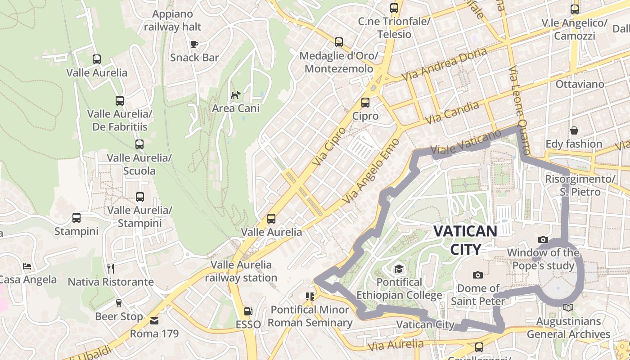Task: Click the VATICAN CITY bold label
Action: pyautogui.click(x=465, y=240)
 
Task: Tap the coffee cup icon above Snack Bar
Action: pyautogui.click(x=194, y=44)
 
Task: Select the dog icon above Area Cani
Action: pyautogui.click(x=235, y=95)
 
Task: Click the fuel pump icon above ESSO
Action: pyautogui.click(x=247, y=311)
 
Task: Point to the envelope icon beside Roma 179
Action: pyautogui.click(x=154, y=321)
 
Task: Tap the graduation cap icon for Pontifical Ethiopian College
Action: pyautogui.click(x=399, y=269)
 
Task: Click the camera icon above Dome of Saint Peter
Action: pyautogui.click(x=478, y=275)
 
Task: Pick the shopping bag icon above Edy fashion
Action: pyautogui.click(x=574, y=130)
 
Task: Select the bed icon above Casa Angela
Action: pyautogui.click(x=27, y=266)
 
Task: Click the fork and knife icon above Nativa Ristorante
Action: pyautogui.click(x=111, y=269)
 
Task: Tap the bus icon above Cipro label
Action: pyautogui.click(x=365, y=103)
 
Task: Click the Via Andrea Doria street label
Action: pyautogui.click(x=444, y=64)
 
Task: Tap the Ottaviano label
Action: pyautogui.click(x=580, y=84)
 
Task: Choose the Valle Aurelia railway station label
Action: pyautogui.click(x=241, y=271)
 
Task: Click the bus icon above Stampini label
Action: pyautogui.click(x=76, y=218)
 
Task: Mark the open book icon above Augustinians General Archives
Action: pyautogui.click(x=568, y=307)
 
